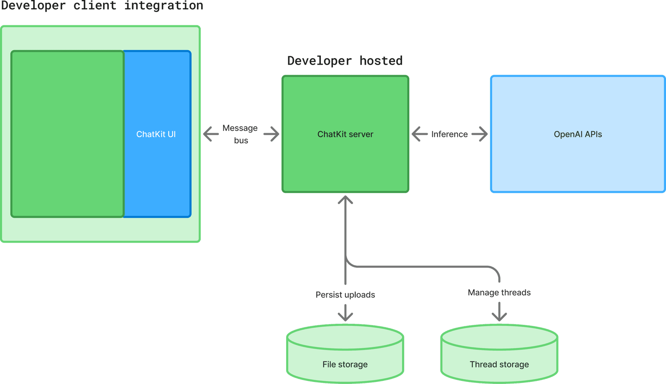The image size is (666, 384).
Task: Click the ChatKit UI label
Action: pos(156,134)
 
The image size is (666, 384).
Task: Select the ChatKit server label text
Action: pos(345,134)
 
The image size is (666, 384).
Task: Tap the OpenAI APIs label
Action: pos(578,134)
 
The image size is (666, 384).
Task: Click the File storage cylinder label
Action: pos(345,364)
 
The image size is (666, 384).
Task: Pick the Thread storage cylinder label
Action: pos(499,364)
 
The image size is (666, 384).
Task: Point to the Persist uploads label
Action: pos(345,295)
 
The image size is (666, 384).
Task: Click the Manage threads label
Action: pos(499,293)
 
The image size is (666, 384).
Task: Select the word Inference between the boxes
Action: pos(449,134)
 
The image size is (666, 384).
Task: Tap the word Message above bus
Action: pos(240,128)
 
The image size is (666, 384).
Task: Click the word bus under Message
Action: pos(241,140)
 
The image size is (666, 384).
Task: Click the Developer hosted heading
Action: pos(345,61)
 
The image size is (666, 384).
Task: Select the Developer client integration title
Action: pos(102,6)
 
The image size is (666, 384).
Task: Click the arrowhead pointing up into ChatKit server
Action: pos(345,199)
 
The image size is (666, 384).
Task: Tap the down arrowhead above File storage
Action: pos(345,317)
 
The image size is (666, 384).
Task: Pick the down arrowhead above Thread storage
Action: pos(499,317)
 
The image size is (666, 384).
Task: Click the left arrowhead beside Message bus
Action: pos(207,134)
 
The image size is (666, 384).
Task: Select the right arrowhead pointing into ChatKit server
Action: pos(275,134)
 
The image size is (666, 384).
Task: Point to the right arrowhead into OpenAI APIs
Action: pos(483,134)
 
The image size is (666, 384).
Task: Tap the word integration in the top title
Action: pos(164,6)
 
